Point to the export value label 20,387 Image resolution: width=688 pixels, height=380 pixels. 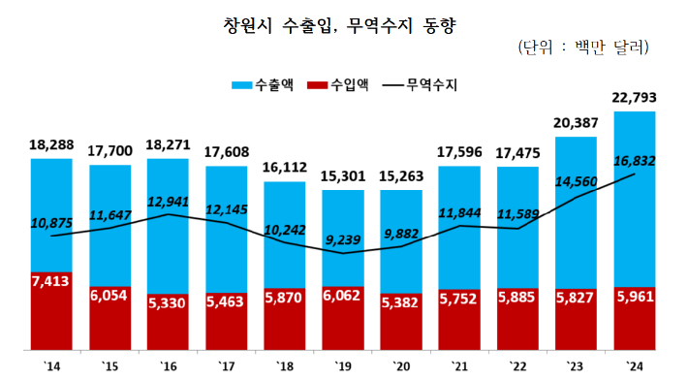tap(577, 123)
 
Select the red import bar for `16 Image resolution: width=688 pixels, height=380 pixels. tap(168, 320)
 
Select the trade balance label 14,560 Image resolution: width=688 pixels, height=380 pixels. tap(578, 179)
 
